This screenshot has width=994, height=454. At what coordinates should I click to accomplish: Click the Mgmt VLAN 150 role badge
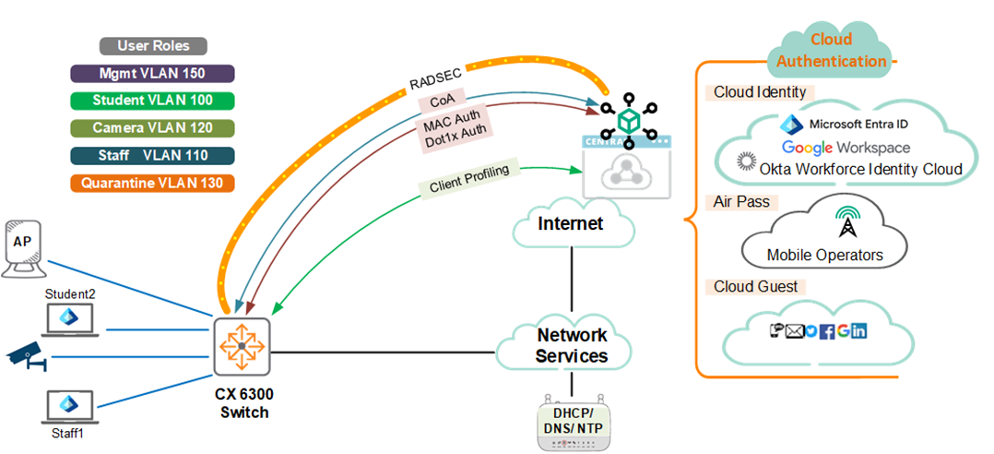click(x=152, y=74)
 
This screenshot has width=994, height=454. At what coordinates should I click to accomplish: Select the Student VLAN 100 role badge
click(x=152, y=101)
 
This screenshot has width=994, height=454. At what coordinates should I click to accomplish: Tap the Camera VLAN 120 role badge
click(x=152, y=128)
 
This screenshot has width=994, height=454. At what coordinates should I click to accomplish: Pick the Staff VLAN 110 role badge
click(x=152, y=156)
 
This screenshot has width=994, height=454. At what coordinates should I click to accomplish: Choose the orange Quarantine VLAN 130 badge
click(x=152, y=183)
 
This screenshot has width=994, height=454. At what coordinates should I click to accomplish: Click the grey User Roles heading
click(x=153, y=46)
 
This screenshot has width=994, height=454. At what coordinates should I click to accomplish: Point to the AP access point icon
click(x=26, y=247)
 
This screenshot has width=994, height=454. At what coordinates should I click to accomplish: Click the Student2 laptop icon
click(x=70, y=318)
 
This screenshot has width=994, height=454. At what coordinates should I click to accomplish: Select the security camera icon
click(x=26, y=357)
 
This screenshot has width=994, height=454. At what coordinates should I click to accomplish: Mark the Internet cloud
click(x=571, y=224)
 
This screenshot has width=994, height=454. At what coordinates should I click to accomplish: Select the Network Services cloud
click(x=572, y=345)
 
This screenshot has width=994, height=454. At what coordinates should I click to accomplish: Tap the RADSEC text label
click(x=433, y=78)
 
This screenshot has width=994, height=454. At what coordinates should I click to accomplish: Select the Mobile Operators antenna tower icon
click(x=845, y=224)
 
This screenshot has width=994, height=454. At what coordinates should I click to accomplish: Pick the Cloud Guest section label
click(x=755, y=287)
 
